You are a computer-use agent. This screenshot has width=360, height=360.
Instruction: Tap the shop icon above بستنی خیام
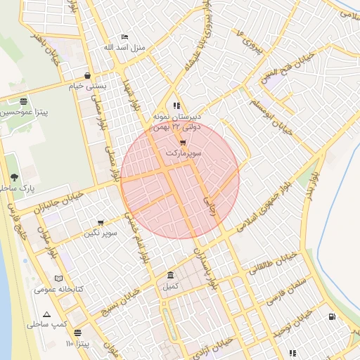tap(87, 75)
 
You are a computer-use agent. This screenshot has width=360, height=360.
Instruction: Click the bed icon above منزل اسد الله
tap(125, 37)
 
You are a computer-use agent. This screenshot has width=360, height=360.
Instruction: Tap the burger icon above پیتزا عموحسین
tap(24, 101)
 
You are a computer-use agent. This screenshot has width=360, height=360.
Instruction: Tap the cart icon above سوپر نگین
tap(101, 222)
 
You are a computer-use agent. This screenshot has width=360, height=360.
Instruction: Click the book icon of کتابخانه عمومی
tap(58, 278)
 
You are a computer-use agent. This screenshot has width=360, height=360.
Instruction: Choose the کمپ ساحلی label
tap(47, 325)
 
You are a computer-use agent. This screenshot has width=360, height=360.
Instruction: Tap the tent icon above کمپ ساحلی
tap(46, 314)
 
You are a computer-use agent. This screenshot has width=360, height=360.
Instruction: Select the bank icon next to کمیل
tap(171, 275)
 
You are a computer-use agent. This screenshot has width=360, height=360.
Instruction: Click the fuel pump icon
tap(332, 316)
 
